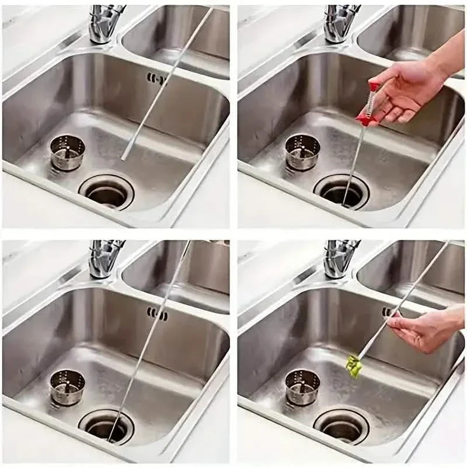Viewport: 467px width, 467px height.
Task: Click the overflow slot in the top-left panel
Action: [x=156, y=79]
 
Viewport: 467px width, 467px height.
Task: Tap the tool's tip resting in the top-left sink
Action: [x=124, y=156]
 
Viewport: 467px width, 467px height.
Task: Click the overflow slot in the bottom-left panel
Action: [x=157, y=315]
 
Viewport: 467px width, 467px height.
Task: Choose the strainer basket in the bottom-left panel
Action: [x=67, y=386]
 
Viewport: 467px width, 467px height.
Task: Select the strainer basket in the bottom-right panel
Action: [x=302, y=386]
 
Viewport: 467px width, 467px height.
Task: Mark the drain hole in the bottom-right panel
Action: [x=341, y=426]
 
